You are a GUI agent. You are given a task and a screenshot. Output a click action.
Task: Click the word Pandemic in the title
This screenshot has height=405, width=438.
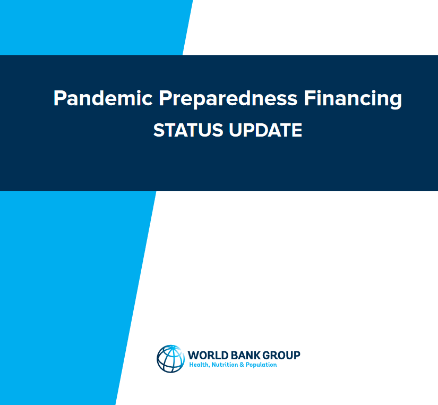pyautogui.click(x=103, y=98)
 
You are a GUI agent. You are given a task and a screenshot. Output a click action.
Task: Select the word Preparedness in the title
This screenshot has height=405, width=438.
pyautogui.click(x=228, y=99)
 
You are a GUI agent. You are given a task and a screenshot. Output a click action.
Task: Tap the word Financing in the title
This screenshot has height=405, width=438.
pyautogui.click(x=353, y=99)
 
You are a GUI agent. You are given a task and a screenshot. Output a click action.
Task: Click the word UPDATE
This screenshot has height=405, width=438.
pyautogui.click(x=265, y=130)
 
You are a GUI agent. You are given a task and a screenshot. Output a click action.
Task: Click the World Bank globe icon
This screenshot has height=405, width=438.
pyautogui.click(x=170, y=359)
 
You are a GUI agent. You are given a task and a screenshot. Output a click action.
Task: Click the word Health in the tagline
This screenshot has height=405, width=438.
pyautogui.click(x=199, y=365)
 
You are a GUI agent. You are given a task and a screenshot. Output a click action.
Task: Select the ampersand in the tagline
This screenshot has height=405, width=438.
pyautogui.click(x=242, y=365)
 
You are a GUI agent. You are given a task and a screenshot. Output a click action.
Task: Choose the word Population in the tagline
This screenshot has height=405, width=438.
pyautogui.click(x=261, y=365)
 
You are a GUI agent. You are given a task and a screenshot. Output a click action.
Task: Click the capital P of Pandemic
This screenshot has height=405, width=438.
pyautogui.click(x=59, y=98)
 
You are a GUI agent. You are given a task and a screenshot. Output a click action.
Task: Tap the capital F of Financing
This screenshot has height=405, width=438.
pyautogui.click(x=309, y=98)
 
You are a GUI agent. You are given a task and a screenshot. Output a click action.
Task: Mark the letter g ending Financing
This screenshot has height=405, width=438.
pyautogui.click(x=396, y=102)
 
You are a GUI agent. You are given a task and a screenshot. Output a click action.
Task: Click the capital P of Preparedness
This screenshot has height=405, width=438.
pyautogui.click(x=165, y=98)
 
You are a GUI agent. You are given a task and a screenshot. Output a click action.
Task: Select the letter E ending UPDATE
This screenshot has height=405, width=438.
pyautogui.click(x=297, y=130)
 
